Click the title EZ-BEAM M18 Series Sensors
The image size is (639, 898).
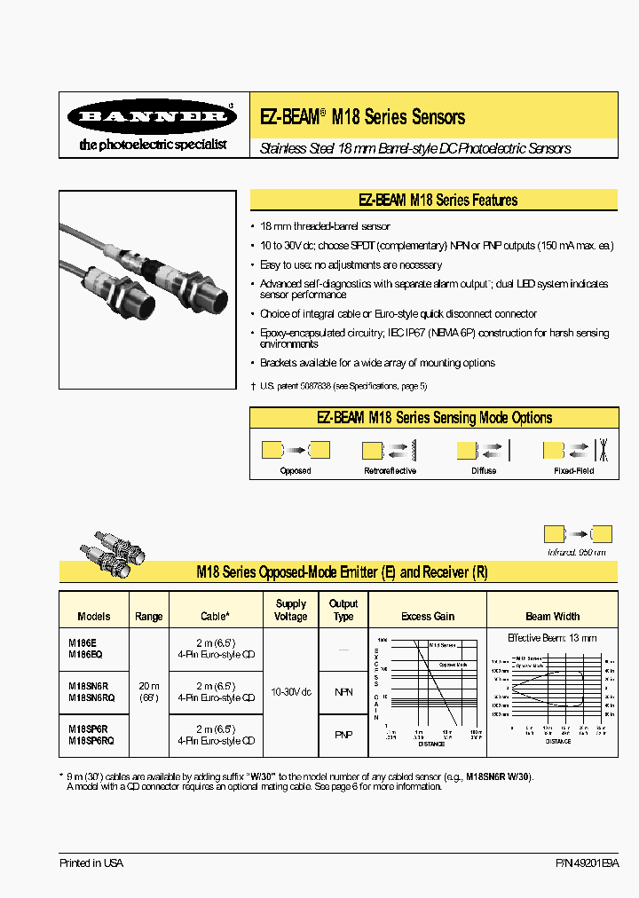point(362,117)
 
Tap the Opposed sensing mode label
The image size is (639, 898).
point(296,470)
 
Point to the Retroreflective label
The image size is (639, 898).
point(390,470)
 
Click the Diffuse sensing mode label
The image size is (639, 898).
point(484,470)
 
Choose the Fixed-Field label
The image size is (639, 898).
point(575,470)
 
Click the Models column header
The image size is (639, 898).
point(94,616)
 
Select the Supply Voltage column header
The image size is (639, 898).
point(291,610)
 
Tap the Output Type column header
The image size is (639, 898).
point(343,610)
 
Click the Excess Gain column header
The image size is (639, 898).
point(428,616)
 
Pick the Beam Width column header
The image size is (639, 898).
point(552,616)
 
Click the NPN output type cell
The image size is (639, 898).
point(343,690)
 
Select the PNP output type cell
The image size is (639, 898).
point(343,734)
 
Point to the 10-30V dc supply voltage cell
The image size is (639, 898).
point(291,690)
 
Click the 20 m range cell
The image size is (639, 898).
point(149,685)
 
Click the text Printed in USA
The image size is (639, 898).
point(91,863)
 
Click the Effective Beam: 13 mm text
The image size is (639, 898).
point(552,638)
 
